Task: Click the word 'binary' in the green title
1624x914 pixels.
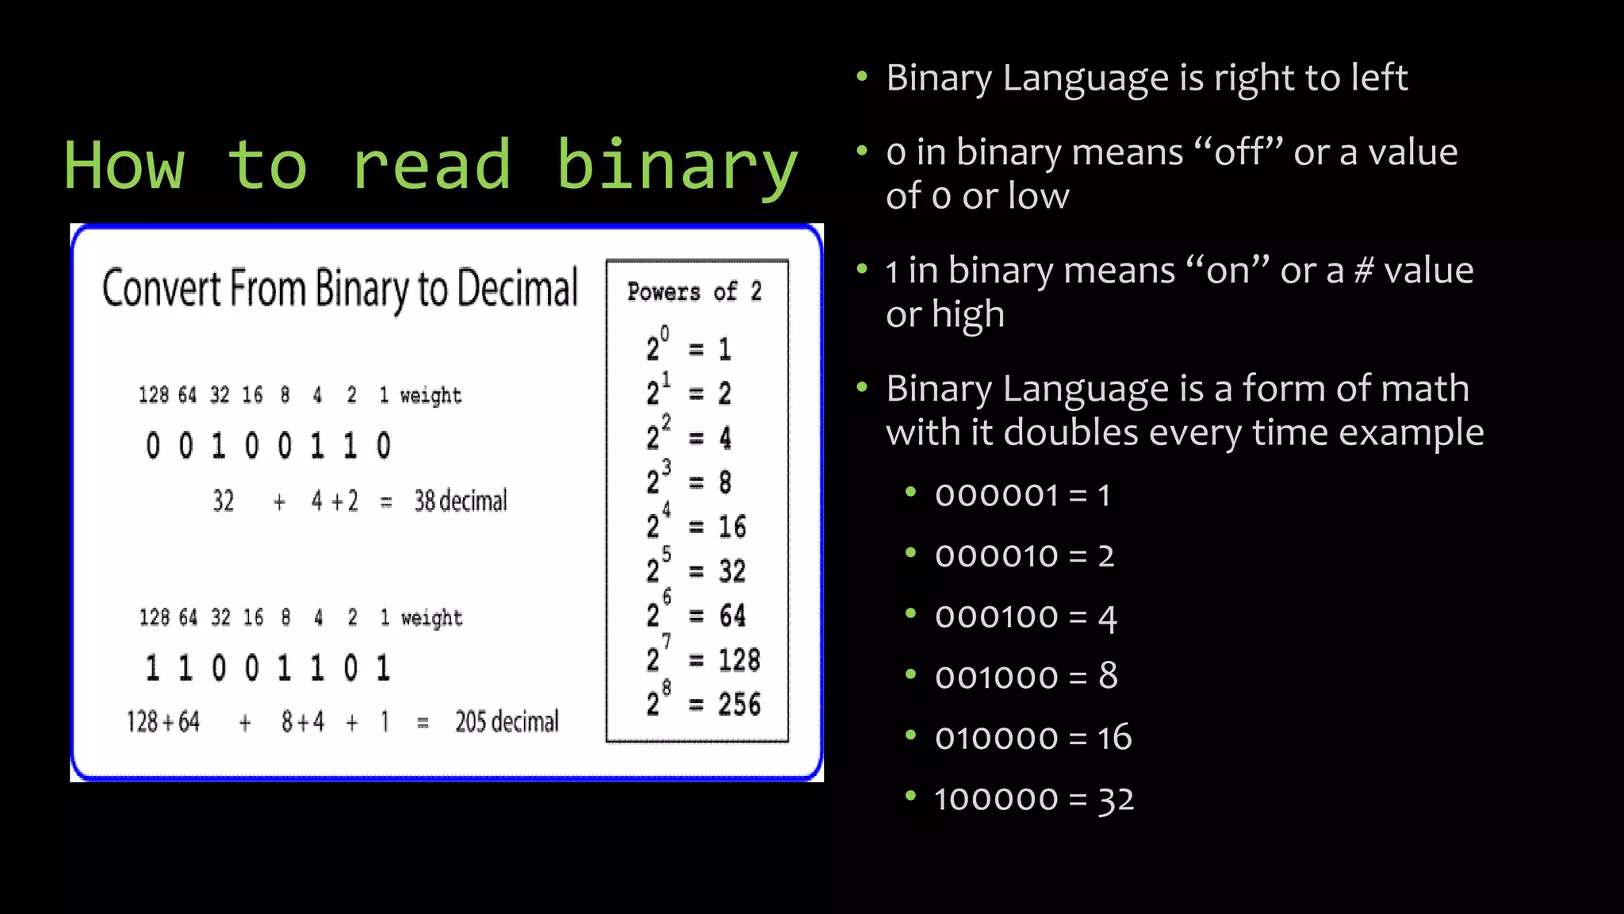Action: click(676, 167)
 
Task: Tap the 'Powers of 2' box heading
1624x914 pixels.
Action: click(694, 292)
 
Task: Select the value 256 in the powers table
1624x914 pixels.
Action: click(739, 705)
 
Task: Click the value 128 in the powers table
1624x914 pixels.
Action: click(739, 660)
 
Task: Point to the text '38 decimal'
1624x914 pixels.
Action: click(460, 501)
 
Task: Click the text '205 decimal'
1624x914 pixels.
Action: click(506, 722)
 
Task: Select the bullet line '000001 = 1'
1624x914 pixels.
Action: click(1022, 496)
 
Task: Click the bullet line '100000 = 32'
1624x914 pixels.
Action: click(1034, 800)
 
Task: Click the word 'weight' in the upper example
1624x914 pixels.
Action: click(431, 396)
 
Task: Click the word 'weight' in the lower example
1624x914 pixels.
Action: click(431, 618)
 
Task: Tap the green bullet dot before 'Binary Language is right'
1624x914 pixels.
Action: click(863, 77)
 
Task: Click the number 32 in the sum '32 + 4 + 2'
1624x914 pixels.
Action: click(224, 501)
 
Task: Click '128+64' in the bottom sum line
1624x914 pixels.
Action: click(163, 722)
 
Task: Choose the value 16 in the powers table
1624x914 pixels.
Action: click(732, 527)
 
